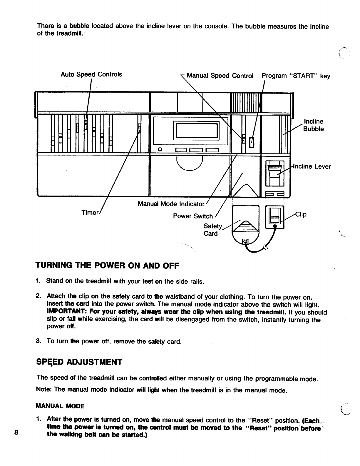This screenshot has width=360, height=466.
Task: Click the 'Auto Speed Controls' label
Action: (x=91, y=74)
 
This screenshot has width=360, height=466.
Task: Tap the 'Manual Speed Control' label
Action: (x=220, y=76)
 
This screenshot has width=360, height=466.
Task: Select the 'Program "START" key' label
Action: (x=296, y=76)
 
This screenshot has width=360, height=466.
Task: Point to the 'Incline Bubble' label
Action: (x=314, y=125)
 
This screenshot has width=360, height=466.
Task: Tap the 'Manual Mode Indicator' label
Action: (x=171, y=204)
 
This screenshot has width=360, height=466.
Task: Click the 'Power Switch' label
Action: (x=193, y=216)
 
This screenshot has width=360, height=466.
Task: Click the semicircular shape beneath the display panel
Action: (x=190, y=163)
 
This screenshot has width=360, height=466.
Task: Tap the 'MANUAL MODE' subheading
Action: (x=60, y=406)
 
